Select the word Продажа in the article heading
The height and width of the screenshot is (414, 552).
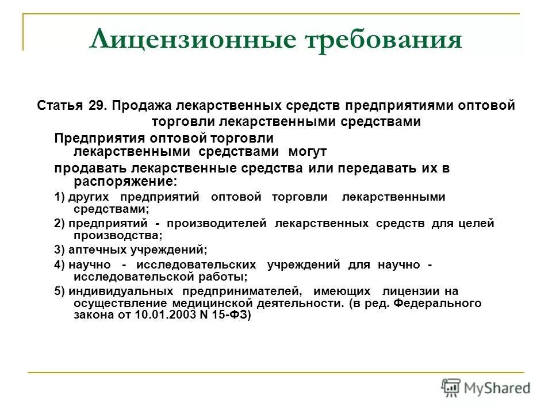pyautogui.click(x=136, y=106)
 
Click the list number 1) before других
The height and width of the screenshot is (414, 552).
pyautogui.click(x=60, y=197)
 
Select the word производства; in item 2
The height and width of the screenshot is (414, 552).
pyautogui.click(x=118, y=235)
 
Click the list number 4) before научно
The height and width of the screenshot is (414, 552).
pyautogui.click(x=60, y=264)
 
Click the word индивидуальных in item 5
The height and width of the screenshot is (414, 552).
pyautogui.click(x=122, y=291)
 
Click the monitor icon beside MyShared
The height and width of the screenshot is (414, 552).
pyautogui.click(x=451, y=388)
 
